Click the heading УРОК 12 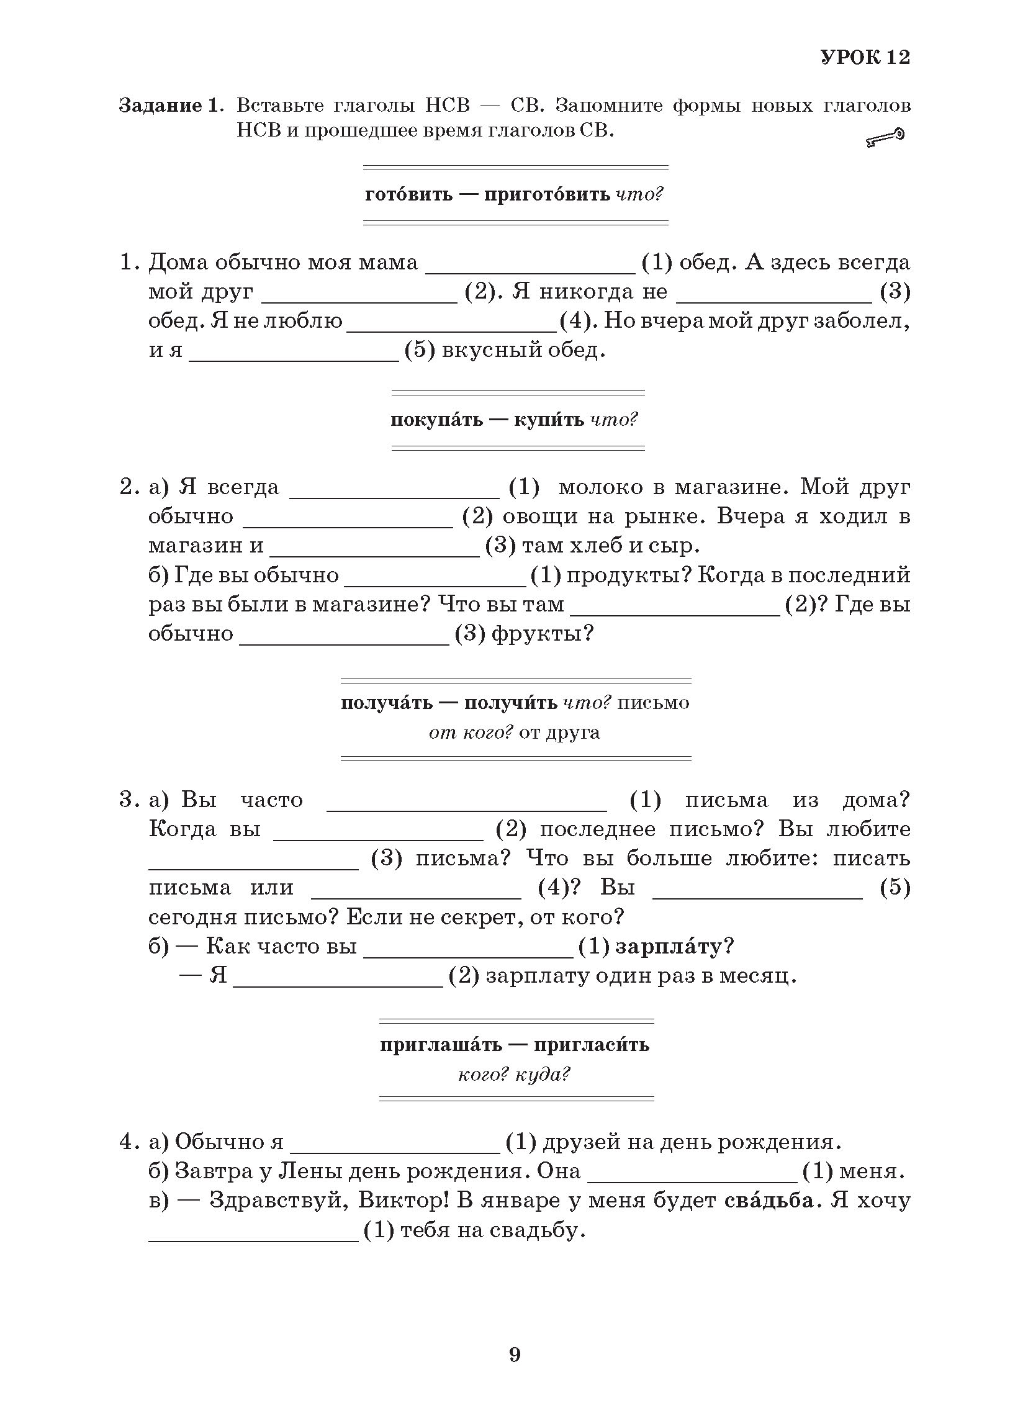[865, 58]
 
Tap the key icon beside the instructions [885, 137]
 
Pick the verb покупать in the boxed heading [436, 420]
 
